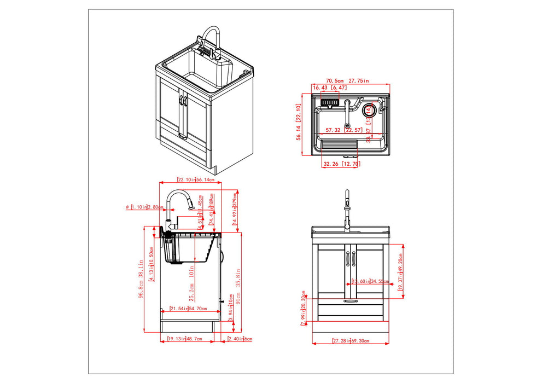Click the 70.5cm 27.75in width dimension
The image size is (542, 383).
click(348, 80)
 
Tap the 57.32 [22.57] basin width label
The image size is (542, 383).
click(340, 130)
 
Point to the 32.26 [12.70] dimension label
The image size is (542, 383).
click(340, 164)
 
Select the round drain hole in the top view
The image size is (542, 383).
click(369, 109)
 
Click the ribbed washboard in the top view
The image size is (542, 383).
click(337, 145)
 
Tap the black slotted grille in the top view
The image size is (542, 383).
click(330, 102)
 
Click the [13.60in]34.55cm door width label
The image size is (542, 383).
click(370, 282)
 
